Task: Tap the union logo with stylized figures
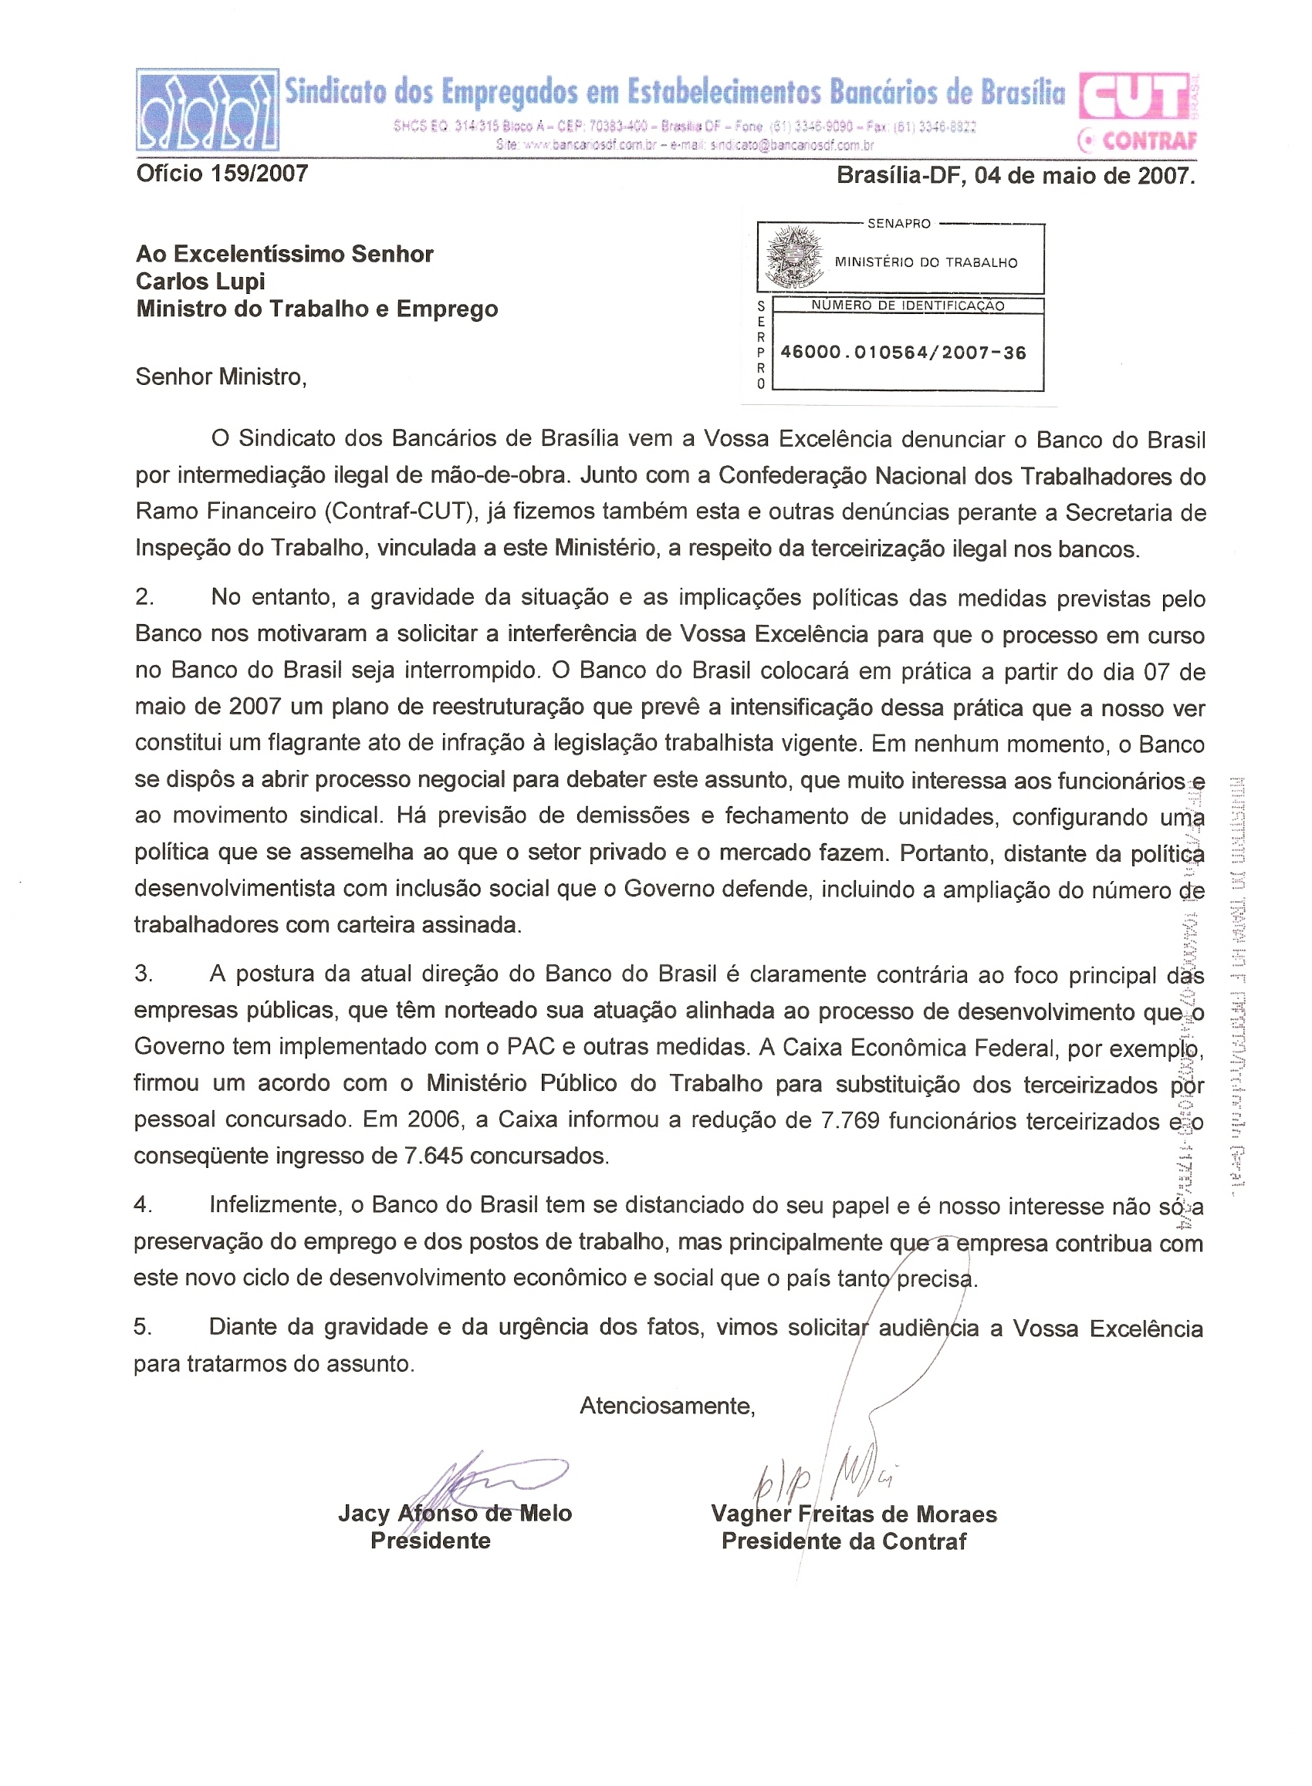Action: (x=208, y=110)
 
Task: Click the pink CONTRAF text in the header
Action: (x=1148, y=141)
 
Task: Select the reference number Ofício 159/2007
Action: (x=222, y=174)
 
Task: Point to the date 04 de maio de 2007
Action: (x=1084, y=175)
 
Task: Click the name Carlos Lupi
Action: (x=200, y=282)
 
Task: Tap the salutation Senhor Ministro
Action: (x=221, y=376)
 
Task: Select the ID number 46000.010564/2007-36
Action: (x=903, y=353)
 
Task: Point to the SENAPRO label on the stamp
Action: (x=898, y=224)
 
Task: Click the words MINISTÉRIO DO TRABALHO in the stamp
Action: (x=925, y=263)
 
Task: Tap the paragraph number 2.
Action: (x=144, y=597)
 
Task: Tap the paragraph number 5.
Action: (x=142, y=1326)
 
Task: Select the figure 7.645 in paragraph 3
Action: (x=433, y=1156)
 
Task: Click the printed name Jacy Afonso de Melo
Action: (x=455, y=1513)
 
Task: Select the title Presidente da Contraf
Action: (x=844, y=1541)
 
